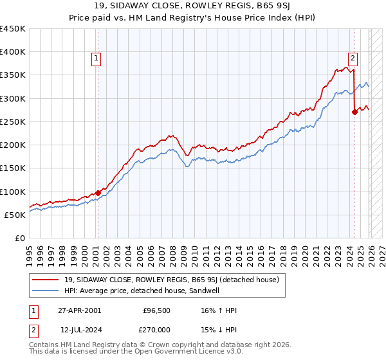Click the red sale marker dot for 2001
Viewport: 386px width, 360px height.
98,193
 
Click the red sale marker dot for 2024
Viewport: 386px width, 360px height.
354,113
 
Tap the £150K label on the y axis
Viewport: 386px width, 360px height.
13,168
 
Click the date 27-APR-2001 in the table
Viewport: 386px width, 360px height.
79,310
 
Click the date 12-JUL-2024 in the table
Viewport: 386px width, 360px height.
79,330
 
